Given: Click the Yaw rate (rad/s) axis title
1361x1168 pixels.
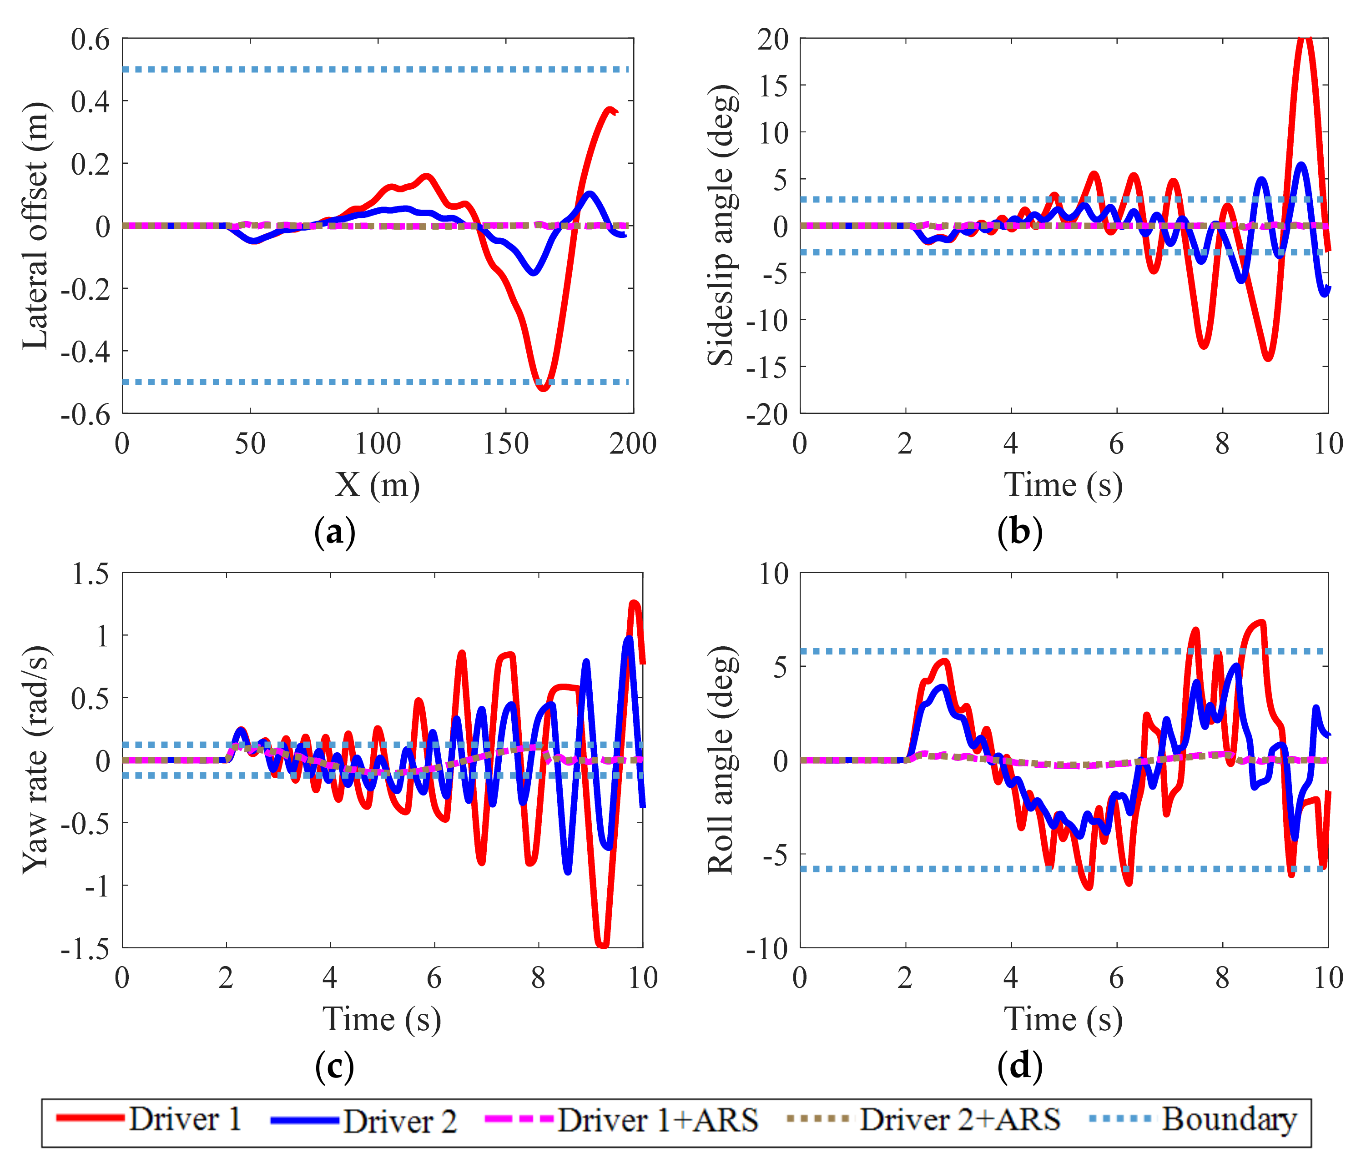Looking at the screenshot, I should [35, 760].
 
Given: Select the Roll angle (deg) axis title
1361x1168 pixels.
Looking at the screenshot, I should [721, 760].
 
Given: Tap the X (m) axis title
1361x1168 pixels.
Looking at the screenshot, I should [378, 485].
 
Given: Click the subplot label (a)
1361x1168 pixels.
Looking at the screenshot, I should [335, 532].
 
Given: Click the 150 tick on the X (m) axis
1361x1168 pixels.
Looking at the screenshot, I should [506, 444].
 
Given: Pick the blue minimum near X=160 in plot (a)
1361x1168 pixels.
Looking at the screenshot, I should [534, 272].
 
